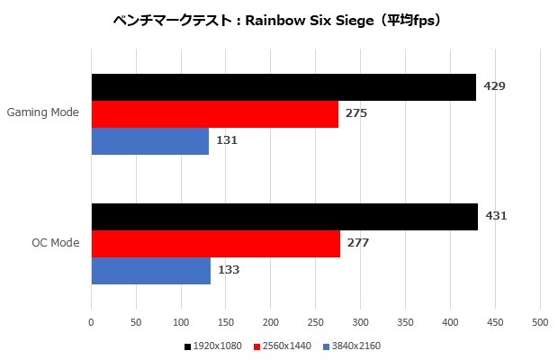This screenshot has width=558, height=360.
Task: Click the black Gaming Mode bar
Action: tap(283, 86)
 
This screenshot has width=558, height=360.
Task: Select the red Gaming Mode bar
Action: tap(215, 114)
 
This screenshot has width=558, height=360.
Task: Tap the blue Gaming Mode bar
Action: tap(150, 141)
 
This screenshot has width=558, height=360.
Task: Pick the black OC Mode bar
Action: tap(284, 216)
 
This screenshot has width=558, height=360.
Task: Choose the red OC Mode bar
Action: tap(216, 243)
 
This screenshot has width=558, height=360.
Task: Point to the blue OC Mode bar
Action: tap(151, 270)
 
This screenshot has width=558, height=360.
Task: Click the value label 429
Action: tap(495, 86)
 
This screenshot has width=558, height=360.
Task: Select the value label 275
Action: tap(356, 114)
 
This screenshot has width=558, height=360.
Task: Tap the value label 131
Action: tap(227, 141)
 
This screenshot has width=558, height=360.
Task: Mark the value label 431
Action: tap(497, 216)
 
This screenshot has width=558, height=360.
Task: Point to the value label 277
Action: tap(358, 243)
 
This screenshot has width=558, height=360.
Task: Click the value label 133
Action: tap(229, 270)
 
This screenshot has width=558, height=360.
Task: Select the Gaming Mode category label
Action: tap(42, 113)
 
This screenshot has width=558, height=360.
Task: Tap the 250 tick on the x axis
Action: tap(316, 321)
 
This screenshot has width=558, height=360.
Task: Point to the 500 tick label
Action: tap(540, 321)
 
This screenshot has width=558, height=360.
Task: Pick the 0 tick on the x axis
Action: tap(91, 321)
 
